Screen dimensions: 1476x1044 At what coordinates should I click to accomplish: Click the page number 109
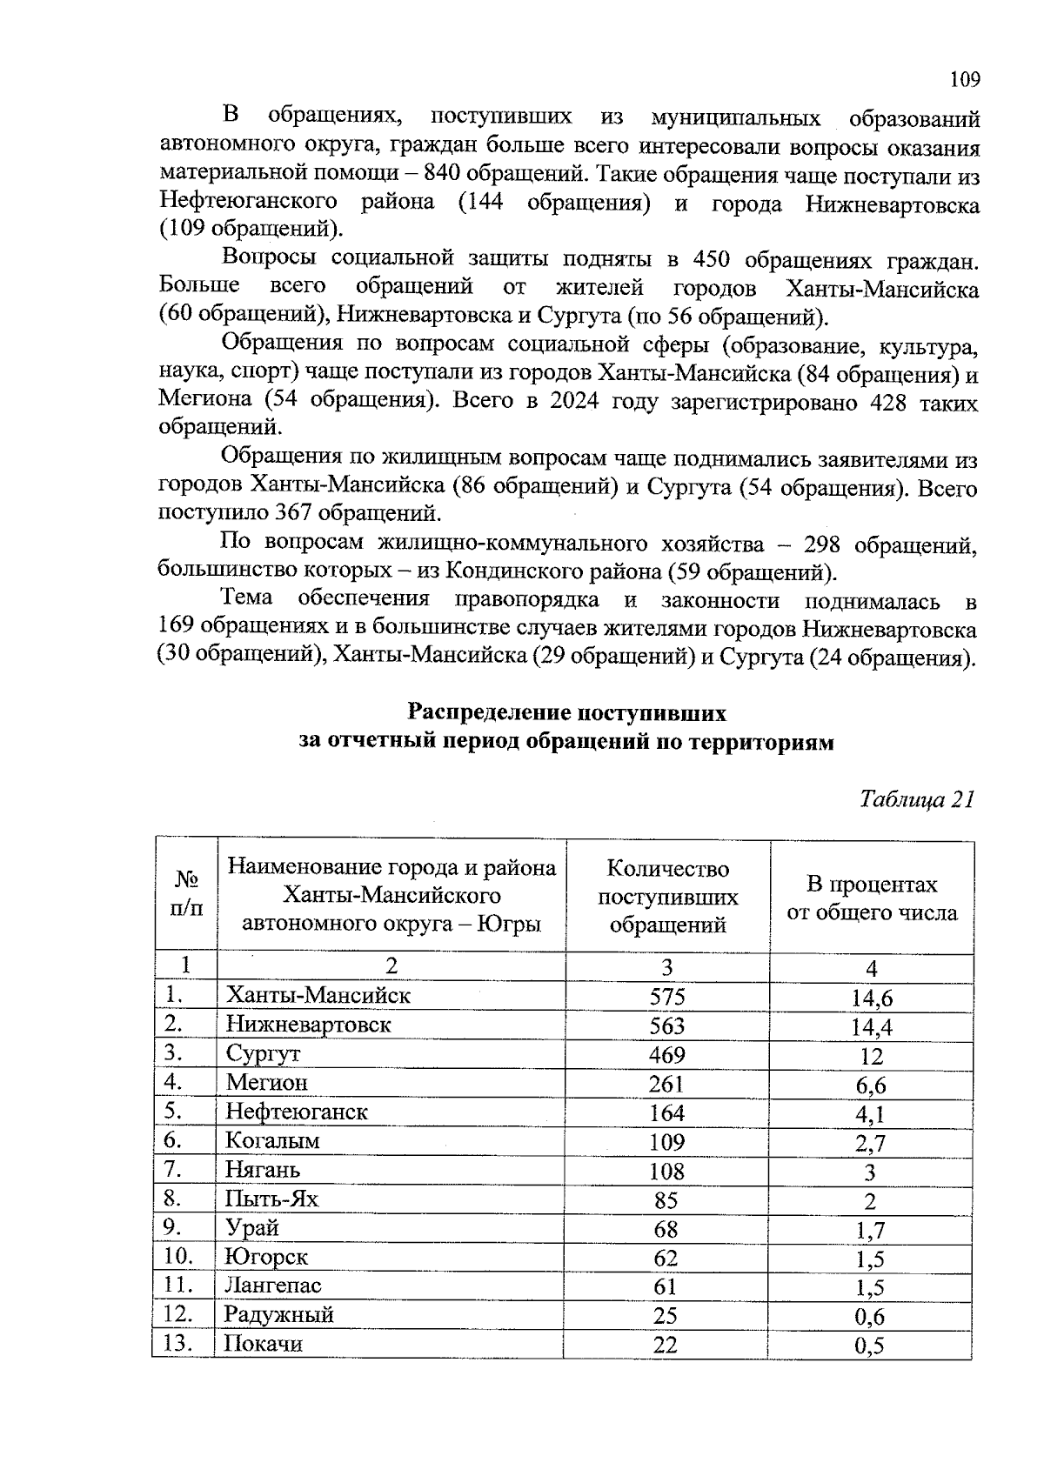(965, 80)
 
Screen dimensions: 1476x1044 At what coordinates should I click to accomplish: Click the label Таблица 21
(916, 799)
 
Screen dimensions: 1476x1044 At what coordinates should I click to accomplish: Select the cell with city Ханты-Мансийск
(318, 995)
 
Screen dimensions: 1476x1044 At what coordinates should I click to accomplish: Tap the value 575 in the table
(667, 997)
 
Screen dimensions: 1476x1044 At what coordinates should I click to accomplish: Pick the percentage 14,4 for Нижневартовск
(871, 1027)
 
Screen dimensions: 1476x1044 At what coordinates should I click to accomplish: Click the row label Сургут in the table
(263, 1054)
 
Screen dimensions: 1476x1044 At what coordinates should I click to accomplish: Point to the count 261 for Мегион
(666, 1084)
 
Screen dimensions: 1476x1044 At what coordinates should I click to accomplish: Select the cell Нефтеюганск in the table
(297, 1112)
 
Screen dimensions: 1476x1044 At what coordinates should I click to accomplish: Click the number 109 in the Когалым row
(666, 1142)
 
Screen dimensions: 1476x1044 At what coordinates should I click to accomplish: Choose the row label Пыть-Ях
(271, 1199)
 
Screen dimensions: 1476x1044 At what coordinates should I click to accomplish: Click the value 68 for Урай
(666, 1229)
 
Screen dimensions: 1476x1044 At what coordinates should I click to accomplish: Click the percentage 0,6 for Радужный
(869, 1317)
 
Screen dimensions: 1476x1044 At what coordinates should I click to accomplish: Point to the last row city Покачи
(263, 1344)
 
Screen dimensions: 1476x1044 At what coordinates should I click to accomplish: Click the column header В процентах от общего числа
(872, 898)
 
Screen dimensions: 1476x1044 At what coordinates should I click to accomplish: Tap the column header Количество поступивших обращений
(667, 897)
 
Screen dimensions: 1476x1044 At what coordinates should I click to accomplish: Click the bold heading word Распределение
(489, 714)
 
